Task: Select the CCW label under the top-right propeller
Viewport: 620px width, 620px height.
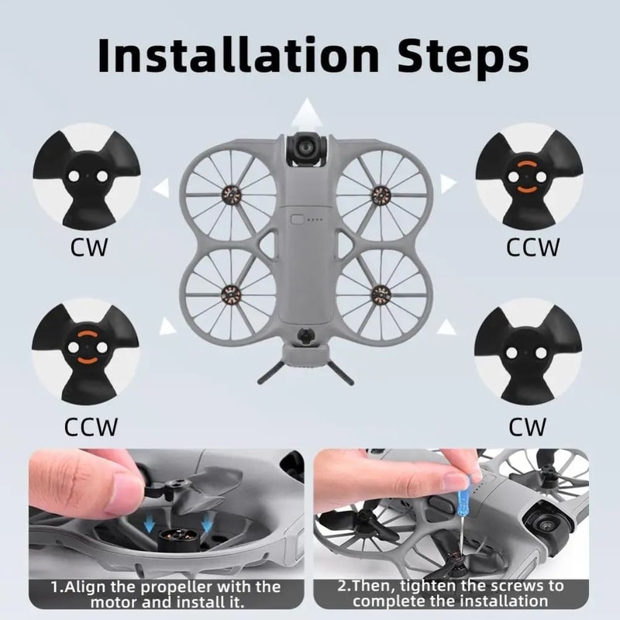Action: (532, 248)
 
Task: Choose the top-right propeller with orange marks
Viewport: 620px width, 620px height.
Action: (528, 177)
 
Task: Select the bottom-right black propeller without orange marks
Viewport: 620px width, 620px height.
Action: (528, 348)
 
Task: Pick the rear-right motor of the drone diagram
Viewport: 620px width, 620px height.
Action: (380, 293)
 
